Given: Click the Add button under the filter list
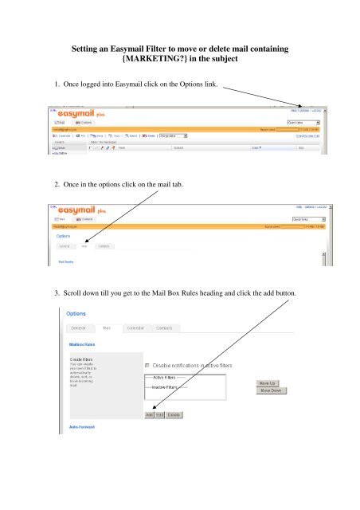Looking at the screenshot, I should [149, 414].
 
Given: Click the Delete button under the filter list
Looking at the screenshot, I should [174, 414].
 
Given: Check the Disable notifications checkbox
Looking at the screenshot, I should [148, 364].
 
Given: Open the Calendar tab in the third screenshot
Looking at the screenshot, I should [135, 328].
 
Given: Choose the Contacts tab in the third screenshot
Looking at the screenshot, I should [165, 328].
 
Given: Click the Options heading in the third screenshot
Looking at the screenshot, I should [77, 312].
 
